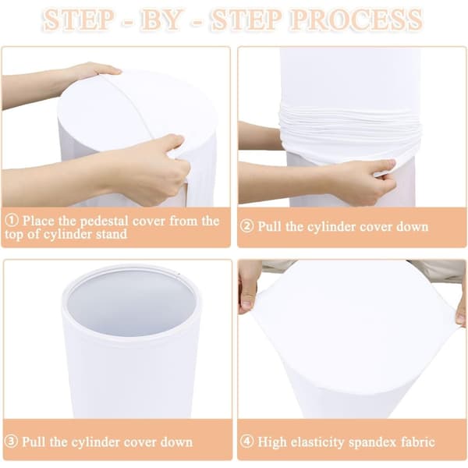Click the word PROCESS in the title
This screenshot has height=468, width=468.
(x=356, y=19)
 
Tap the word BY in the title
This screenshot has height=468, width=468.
(x=161, y=19)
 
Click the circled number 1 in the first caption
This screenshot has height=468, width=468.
(x=12, y=220)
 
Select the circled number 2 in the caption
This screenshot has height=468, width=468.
(x=246, y=226)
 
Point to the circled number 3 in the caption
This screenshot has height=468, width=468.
(x=12, y=441)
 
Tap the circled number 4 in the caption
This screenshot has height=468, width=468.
(x=246, y=441)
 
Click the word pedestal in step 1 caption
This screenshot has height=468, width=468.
(x=105, y=222)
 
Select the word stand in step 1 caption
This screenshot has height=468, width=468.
(x=112, y=234)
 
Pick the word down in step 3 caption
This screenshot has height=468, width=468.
(x=176, y=441)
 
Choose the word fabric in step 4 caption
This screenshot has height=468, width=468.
(x=418, y=441)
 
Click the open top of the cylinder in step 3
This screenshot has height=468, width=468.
(x=131, y=301)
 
